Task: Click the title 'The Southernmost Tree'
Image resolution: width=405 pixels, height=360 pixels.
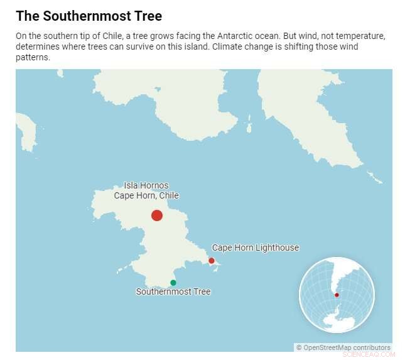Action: click(92, 15)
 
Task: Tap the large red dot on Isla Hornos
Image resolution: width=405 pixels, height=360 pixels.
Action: click(157, 215)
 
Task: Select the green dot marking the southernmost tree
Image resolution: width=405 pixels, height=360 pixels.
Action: click(173, 283)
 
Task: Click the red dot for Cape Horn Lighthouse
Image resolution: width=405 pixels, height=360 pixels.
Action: click(212, 261)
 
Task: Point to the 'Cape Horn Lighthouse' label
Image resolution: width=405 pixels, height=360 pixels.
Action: click(255, 248)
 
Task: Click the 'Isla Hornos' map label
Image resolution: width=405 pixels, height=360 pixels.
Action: click(146, 186)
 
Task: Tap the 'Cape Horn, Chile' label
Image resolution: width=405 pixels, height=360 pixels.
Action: click(146, 195)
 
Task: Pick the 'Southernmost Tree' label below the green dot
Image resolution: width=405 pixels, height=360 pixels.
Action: click(173, 292)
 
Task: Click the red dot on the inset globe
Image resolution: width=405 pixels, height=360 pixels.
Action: click(337, 295)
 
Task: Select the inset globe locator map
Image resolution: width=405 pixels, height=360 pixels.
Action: click(337, 295)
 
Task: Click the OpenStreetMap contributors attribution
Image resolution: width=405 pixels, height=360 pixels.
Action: click(343, 347)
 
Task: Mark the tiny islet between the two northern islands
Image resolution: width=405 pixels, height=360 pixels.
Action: click(249, 128)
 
